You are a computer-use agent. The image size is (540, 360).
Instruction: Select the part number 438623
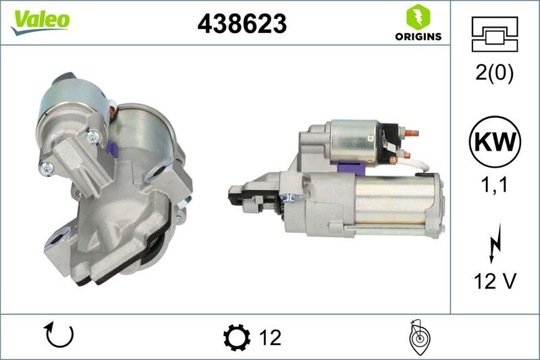[x=242, y=24]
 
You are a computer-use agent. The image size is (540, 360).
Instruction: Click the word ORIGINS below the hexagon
[x=418, y=36]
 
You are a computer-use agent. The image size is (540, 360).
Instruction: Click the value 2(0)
[x=495, y=73]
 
